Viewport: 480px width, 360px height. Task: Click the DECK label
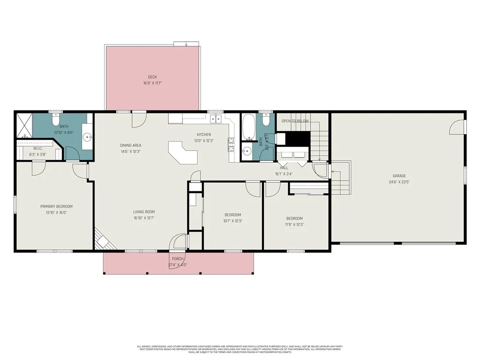(x=152, y=77)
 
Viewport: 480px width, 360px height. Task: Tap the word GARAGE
(x=399, y=176)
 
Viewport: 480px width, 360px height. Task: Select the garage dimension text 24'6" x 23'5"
(x=399, y=182)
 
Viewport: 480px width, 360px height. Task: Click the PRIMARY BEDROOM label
(x=56, y=206)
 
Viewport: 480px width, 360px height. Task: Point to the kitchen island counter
(x=183, y=152)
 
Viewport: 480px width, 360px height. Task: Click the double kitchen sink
(x=216, y=119)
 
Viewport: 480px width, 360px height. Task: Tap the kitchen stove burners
(x=231, y=144)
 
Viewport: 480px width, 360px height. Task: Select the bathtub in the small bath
(x=248, y=126)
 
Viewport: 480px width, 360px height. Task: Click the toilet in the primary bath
(x=56, y=121)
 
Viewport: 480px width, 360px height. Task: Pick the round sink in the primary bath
(x=87, y=137)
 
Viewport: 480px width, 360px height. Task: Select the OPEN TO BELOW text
(x=295, y=121)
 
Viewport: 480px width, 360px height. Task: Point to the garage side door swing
(x=457, y=126)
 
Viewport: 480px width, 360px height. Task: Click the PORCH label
(x=178, y=259)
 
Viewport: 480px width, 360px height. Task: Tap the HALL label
(x=284, y=167)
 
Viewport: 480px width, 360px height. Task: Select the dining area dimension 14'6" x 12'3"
(x=130, y=151)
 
